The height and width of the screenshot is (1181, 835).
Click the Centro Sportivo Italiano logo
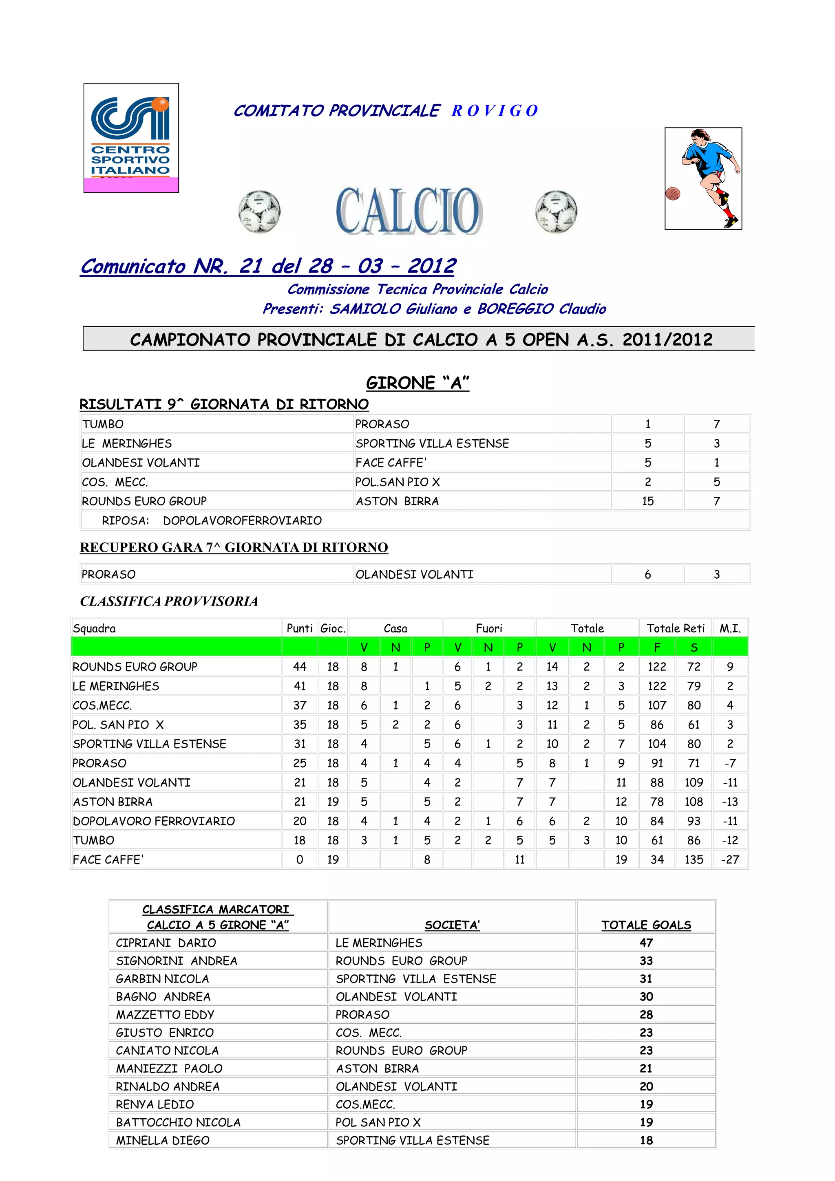point(131,138)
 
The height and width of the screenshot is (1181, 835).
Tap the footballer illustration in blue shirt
point(703,178)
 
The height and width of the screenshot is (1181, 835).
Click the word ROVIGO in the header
point(495,110)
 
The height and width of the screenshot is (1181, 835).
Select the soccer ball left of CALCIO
point(259,211)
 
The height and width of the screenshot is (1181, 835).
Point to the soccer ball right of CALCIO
point(556,211)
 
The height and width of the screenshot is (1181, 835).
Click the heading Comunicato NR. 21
point(267,267)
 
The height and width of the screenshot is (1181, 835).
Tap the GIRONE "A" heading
point(417,383)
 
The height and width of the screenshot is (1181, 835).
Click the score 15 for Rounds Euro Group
point(647,501)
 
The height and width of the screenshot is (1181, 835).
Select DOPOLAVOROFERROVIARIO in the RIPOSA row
point(242,520)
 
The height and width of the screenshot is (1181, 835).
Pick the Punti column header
point(299,628)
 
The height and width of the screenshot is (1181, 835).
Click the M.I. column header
point(729,628)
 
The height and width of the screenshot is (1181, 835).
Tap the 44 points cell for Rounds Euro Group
point(299,667)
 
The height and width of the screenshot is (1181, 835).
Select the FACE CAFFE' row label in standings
point(108,859)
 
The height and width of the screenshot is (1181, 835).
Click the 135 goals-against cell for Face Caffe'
point(694,859)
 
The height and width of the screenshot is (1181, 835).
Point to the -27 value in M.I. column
point(729,859)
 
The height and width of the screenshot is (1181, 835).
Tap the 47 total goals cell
point(646,943)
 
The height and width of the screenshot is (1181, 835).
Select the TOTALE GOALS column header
point(646,925)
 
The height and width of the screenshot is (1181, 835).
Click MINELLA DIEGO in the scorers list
point(163,1140)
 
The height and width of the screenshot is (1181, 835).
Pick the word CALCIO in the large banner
point(409,211)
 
